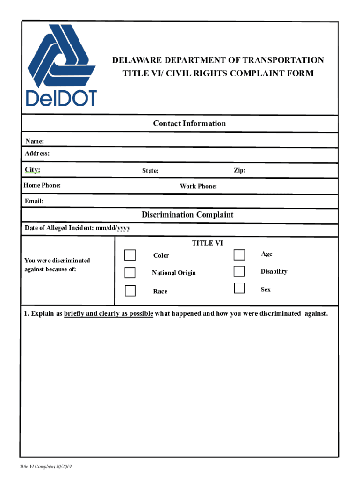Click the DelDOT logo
(62, 65)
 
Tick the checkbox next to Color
(130, 255)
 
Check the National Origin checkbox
(130, 273)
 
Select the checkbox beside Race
(130, 290)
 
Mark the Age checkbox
(239, 254)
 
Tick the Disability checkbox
(239, 271)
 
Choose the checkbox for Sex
(239, 288)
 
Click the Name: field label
(35, 141)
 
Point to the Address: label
(37, 153)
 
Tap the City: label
(33, 169)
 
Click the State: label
(150, 171)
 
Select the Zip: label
(239, 170)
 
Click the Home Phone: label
(42, 185)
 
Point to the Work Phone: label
(198, 186)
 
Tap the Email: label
(34, 201)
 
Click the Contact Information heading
(189, 123)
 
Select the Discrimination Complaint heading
(187, 215)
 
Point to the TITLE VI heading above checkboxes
(207, 243)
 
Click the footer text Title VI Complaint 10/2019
(45, 467)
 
